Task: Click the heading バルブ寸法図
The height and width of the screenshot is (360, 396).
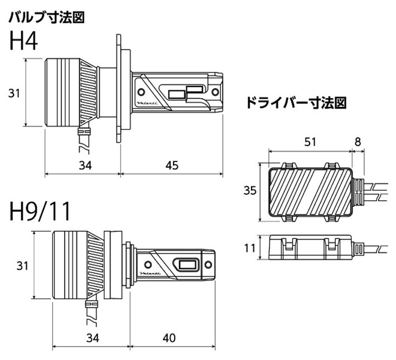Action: tap(46, 18)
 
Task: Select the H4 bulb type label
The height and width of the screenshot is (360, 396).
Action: tap(23, 42)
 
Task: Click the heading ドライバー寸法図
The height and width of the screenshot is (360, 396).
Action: tap(296, 103)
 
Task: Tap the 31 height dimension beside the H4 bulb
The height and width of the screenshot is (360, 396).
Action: tap(15, 94)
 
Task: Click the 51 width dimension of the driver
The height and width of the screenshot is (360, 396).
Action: tap(311, 142)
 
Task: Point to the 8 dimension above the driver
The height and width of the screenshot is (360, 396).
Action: tap(358, 142)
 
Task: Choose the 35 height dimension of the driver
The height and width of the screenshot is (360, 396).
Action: tap(250, 191)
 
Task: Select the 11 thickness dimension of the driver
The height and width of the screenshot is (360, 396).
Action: tap(250, 246)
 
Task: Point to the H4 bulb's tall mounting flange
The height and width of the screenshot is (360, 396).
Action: tap(119, 89)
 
